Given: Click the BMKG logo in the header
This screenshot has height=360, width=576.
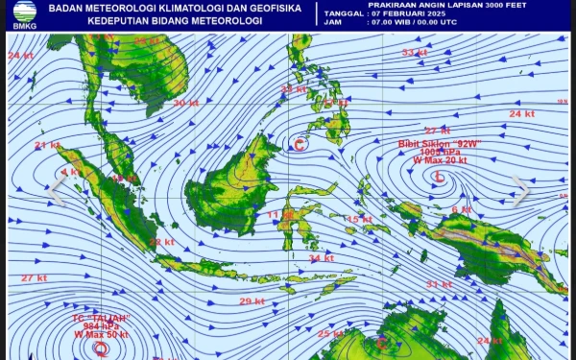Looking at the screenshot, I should pyautogui.click(x=20, y=14).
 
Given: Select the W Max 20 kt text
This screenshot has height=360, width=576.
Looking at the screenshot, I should pyautogui.click(x=440, y=160).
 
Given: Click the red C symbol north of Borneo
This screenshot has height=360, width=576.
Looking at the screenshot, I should pyautogui.click(x=300, y=145).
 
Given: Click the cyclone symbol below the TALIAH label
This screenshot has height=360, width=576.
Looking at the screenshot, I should pyautogui.click(x=101, y=349).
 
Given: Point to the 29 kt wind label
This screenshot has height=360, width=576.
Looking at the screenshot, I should pyautogui.click(x=252, y=301).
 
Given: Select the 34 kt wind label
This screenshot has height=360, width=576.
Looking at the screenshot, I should pyautogui.click(x=322, y=257).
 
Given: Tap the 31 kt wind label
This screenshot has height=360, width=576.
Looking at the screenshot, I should pyautogui.click(x=439, y=284).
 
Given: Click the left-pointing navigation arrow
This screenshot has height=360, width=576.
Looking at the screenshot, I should pyautogui.click(x=55, y=191).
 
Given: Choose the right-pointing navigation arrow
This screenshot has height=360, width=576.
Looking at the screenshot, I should pyautogui.click(x=520, y=191).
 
